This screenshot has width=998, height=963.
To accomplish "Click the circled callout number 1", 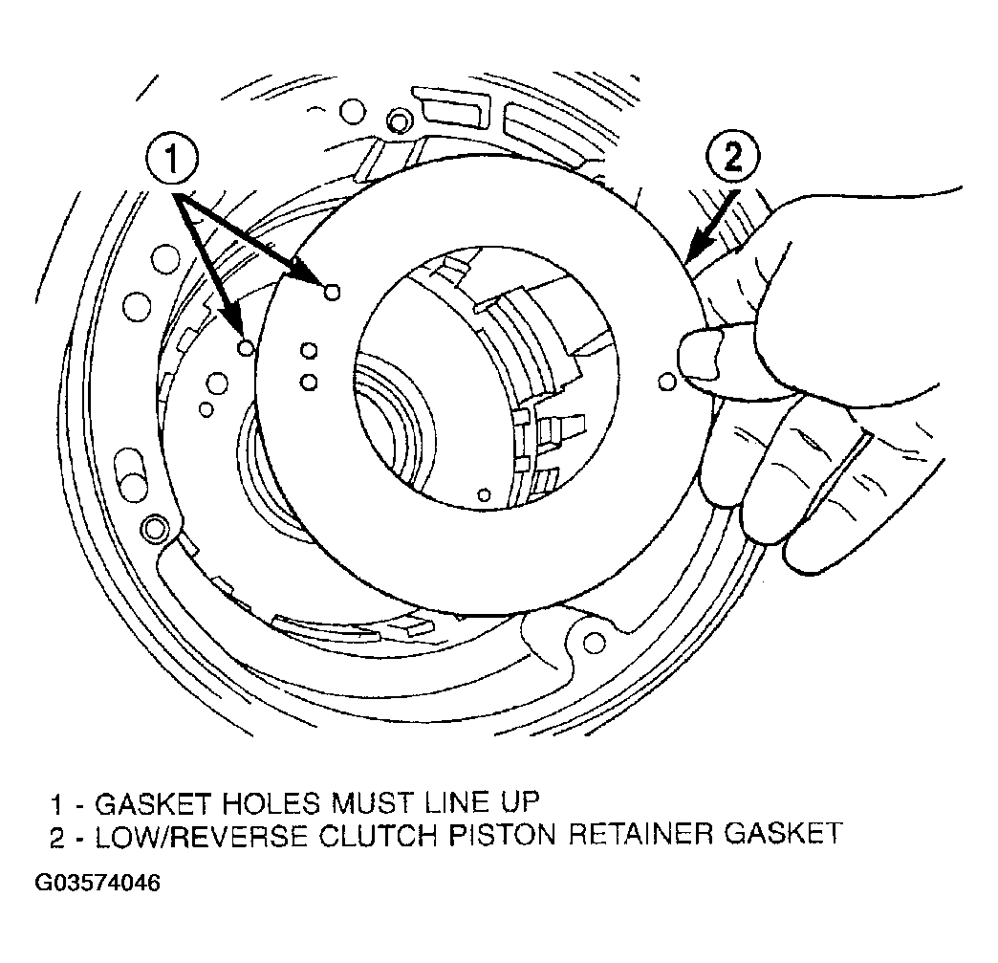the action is point(172,159).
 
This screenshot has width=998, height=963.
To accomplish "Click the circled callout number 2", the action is point(732,158).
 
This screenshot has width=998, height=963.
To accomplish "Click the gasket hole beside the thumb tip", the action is point(667,382).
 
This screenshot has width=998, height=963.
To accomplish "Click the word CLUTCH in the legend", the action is point(378,834).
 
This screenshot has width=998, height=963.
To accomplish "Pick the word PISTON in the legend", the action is point(502,834).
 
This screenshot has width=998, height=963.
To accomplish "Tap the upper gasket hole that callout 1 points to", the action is point(332,293).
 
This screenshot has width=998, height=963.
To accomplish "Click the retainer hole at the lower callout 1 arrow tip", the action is point(246,348).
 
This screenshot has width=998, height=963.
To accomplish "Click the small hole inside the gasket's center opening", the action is point(485,494).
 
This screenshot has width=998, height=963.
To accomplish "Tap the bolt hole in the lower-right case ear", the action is point(595,642).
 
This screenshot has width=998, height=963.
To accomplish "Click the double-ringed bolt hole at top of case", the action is point(399,120).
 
